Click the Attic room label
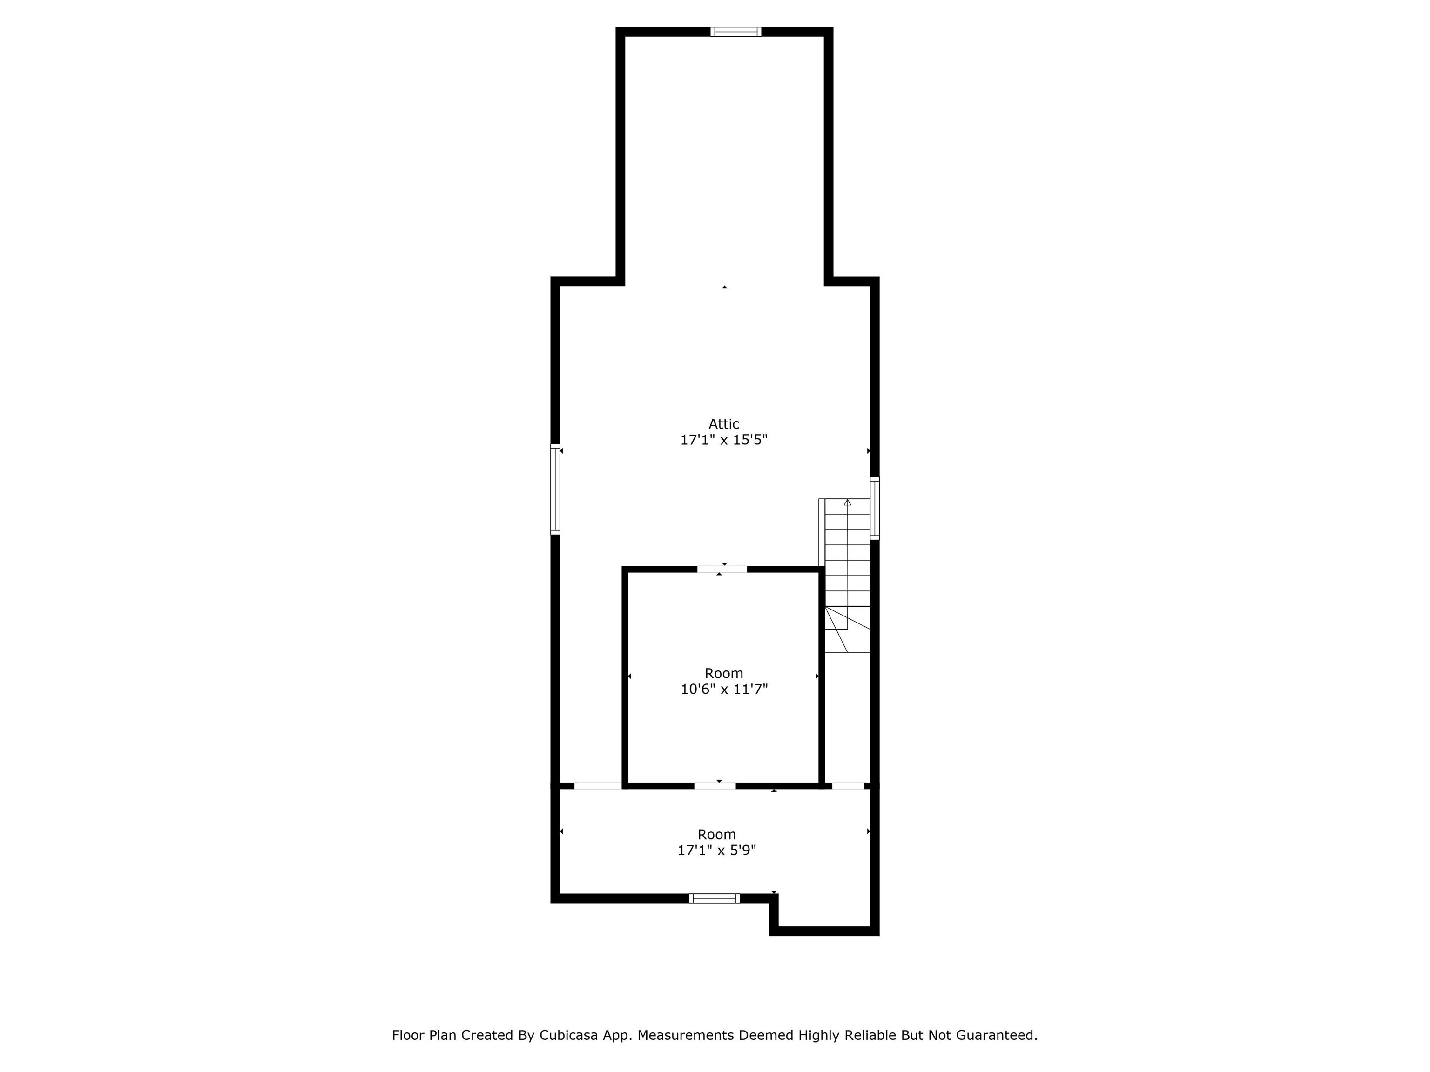723,424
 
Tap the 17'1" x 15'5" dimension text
723,440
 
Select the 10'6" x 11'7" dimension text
723,690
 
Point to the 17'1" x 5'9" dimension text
716,851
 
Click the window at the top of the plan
735,32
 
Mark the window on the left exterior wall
555,489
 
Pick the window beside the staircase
875,508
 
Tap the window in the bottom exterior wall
715,898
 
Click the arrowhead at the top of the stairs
848,502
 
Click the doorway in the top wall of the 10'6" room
722,569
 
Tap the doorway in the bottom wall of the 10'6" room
715,786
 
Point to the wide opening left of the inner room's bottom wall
598,786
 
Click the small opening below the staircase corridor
848,786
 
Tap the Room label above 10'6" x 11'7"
723,673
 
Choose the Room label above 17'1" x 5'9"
716,834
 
